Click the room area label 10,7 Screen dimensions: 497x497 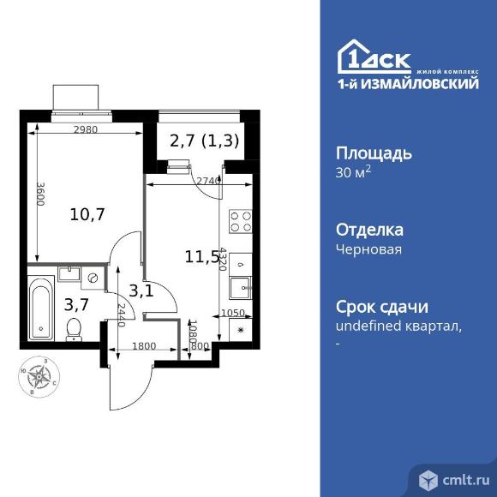(x=87, y=214)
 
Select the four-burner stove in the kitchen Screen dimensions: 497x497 (x=241, y=222)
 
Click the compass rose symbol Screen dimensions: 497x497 (x=39, y=374)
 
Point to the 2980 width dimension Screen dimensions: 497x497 (x=85, y=129)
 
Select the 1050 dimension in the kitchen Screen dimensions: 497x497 (x=232, y=314)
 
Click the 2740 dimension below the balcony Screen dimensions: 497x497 (x=208, y=182)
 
